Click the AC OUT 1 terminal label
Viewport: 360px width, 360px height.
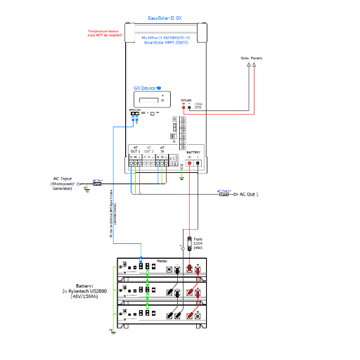pos(135,150)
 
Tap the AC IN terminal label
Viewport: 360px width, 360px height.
pos(163,150)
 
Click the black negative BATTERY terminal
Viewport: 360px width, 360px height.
pos(198,163)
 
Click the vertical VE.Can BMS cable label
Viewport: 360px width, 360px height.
pos(115,217)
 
